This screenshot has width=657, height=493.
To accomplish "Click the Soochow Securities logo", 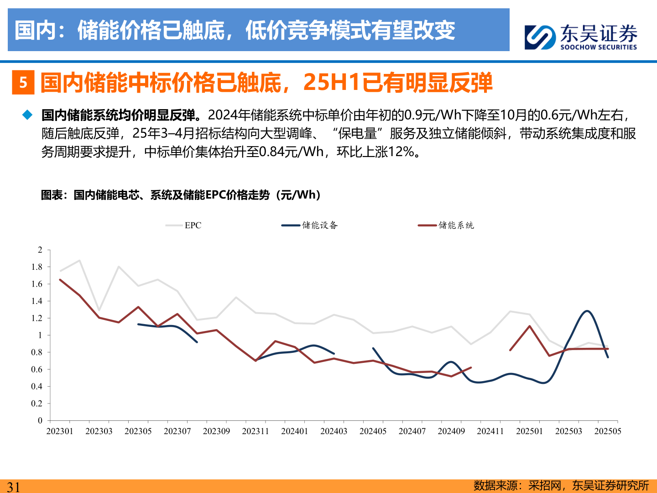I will pos(580,37).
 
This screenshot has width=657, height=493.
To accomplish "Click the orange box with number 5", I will pos(23,83).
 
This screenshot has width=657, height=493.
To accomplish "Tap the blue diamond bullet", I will pos(28,115).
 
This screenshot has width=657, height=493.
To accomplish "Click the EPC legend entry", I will pos(184,225).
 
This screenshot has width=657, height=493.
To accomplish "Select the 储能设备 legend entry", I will pos(310,225).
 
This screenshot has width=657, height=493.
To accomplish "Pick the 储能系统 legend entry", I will pos(446,225).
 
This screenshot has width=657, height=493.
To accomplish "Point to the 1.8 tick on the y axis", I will pos(36,267).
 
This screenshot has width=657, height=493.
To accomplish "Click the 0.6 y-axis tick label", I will pos(36,369).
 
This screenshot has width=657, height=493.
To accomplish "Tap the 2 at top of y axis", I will pos(40,250).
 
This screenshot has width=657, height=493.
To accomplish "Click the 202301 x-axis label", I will pos(60,431).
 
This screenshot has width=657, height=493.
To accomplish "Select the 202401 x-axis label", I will pos(294,431).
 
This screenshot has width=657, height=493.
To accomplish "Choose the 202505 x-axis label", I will pos(607,431).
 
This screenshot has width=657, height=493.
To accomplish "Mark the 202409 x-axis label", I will pos(451,431).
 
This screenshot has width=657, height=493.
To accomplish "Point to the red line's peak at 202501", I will pos(529,326).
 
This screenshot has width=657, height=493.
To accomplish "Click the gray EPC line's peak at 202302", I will pos(80,261).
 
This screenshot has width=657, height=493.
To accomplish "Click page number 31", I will pos(13,487).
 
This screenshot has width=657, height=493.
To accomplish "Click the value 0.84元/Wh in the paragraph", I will pos(291,152).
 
